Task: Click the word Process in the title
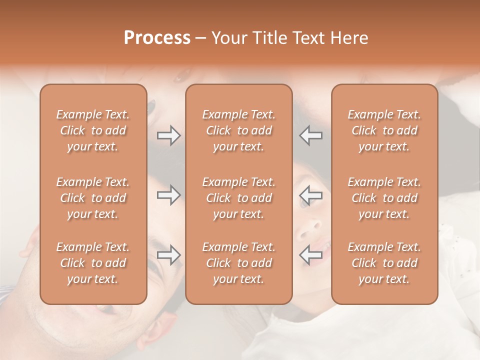tap(157, 38)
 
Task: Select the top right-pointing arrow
tap(168, 135)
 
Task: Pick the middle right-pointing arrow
tap(168, 195)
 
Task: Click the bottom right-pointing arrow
tap(168, 255)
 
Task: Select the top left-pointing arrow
tap(311, 135)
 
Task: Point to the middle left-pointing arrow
tap(311, 195)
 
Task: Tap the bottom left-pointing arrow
tap(311, 255)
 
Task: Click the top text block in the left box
tap(93, 130)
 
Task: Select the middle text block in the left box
tap(93, 198)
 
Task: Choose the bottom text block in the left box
tap(93, 263)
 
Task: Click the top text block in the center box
tap(238, 130)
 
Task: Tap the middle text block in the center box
tap(238, 198)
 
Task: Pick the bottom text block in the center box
tap(238, 263)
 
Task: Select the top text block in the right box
tap(384, 130)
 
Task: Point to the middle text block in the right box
tap(384, 198)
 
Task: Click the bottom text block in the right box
tap(384, 263)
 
